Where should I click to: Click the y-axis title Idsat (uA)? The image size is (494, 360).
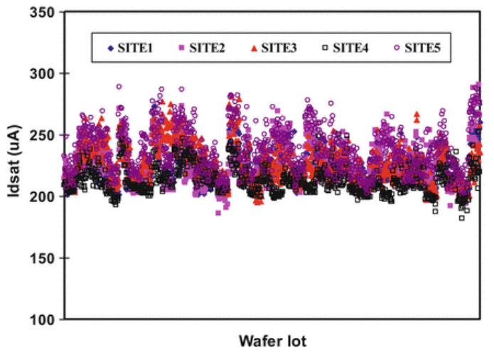point(14,166)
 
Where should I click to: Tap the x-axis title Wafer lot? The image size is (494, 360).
point(273,342)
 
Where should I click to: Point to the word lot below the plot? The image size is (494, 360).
point(297,342)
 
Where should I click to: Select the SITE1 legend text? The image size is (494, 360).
point(134,48)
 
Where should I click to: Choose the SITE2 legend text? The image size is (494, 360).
point(207,48)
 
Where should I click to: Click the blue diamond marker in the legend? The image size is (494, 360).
point(109,48)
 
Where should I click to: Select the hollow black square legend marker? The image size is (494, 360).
point(325,48)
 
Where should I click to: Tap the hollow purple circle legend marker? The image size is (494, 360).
point(397,48)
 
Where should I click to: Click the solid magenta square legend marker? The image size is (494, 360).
point(181,48)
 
